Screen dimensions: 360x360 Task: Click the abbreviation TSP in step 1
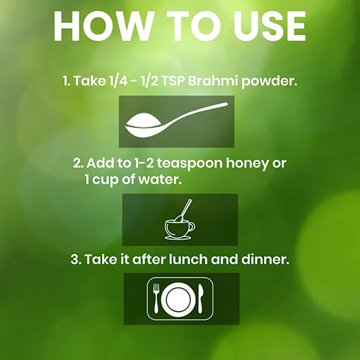tap(174, 81)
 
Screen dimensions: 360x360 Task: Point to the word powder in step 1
tap(269, 81)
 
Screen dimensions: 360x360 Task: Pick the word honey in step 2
tap(246, 163)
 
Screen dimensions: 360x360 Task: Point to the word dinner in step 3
tap(265, 259)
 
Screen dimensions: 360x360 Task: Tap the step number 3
tap(75, 260)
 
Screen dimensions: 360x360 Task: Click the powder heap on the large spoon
tap(143, 120)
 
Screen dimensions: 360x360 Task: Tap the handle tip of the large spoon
tap(225, 104)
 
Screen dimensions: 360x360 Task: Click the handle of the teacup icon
tap(192, 227)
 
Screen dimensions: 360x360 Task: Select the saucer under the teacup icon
tap(178, 238)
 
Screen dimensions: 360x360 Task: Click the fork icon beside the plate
tap(156, 298)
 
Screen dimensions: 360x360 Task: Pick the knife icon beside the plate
tap(200, 298)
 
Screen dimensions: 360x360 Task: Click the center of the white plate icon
tap(179, 299)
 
